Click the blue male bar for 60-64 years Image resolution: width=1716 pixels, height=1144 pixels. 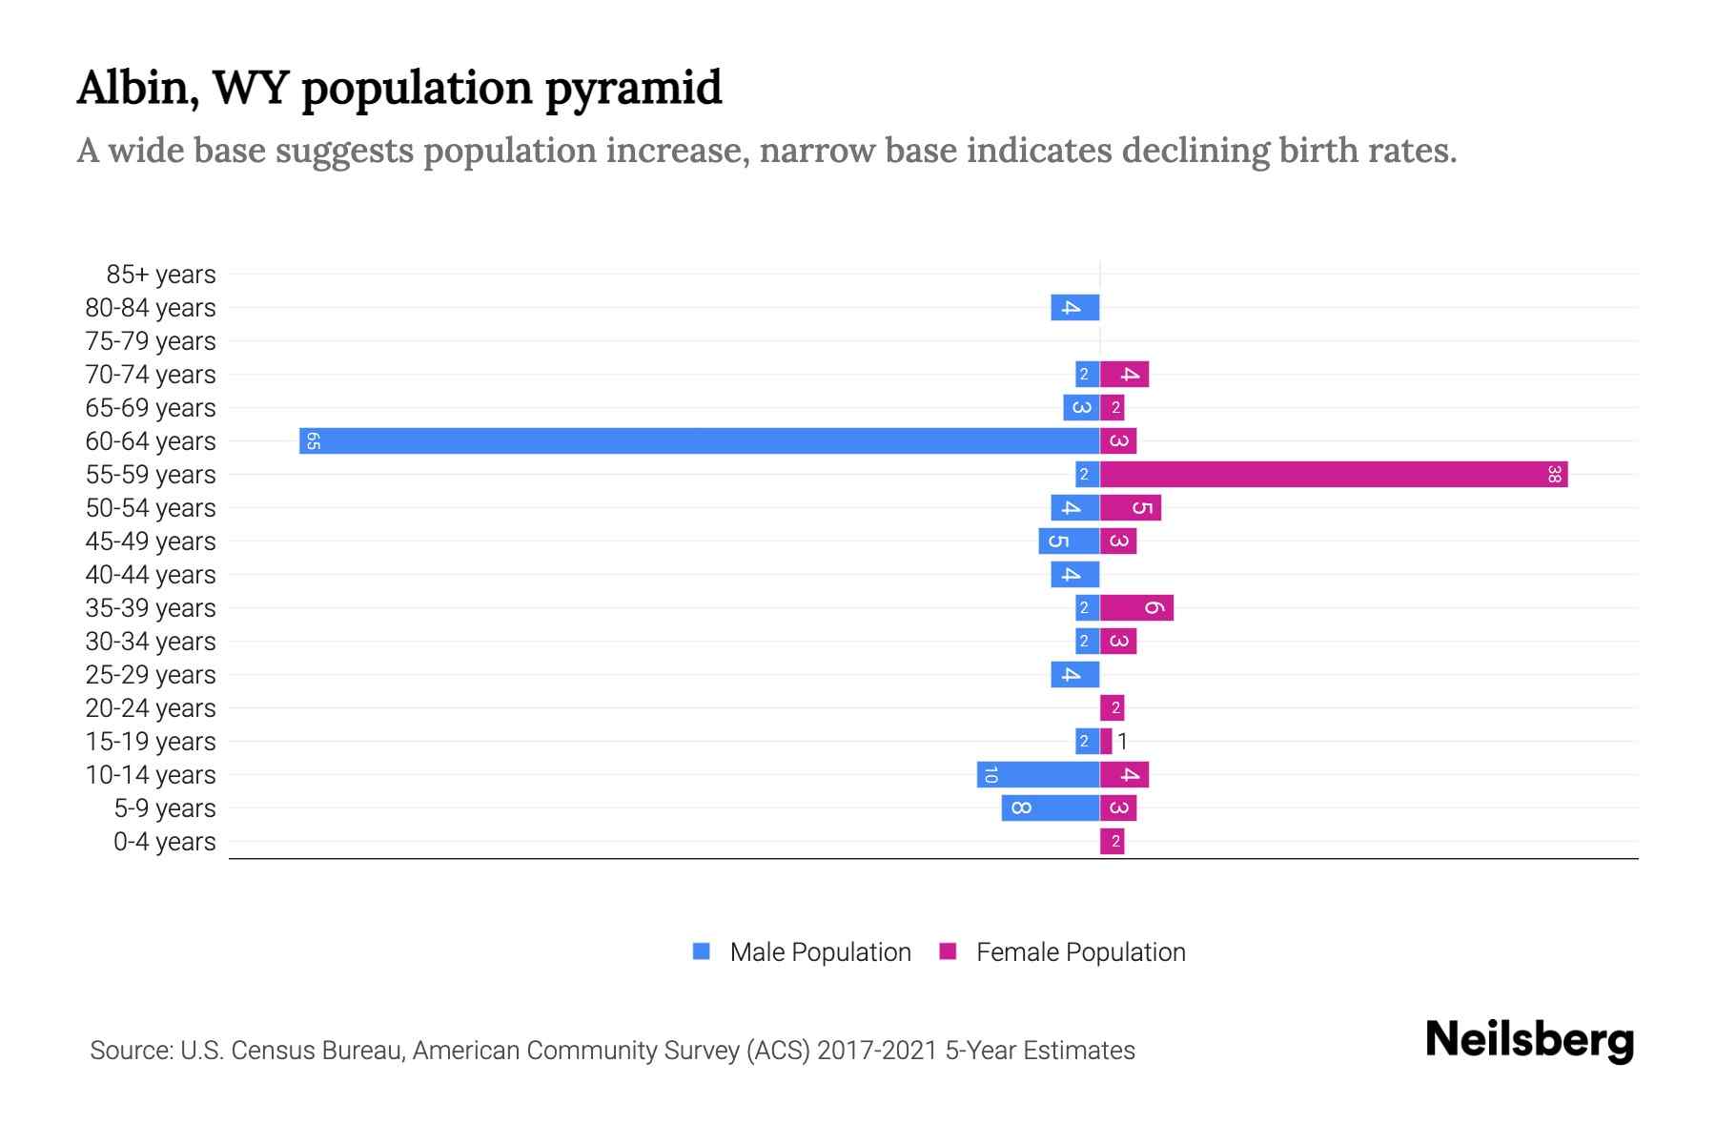(699, 440)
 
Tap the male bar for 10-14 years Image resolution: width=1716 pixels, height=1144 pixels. (1037, 774)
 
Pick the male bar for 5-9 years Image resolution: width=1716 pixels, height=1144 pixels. (1050, 807)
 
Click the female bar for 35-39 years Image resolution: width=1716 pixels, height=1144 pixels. (1136, 607)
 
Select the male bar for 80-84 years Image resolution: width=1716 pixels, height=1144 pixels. (1074, 307)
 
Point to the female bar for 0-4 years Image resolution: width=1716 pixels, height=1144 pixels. (1112, 841)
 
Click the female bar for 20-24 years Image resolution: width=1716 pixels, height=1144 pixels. (1112, 707)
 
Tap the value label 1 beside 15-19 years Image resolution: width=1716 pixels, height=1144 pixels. (1122, 741)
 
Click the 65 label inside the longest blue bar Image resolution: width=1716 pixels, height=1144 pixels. (313, 440)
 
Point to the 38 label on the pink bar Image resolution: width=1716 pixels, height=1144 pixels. (1554, 474)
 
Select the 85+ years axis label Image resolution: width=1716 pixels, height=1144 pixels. (160, 275)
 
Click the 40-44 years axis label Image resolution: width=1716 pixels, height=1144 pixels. (151, 575)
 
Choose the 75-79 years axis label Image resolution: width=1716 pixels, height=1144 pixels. (151, 341)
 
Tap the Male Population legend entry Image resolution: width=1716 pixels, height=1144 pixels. (819, 951)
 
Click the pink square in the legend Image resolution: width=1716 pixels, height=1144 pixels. (948, 950)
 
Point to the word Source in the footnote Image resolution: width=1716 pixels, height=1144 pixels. (130, 1051)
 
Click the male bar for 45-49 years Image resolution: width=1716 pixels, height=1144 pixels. (1068, 541)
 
